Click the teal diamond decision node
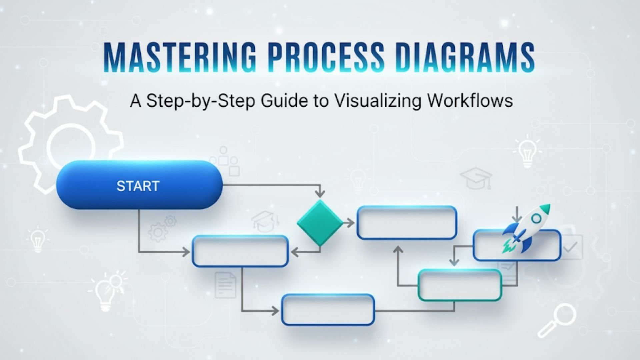point(320,223)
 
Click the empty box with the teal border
point(460,285)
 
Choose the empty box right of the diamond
point(407,222)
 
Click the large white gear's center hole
point(71,147)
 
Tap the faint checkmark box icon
point(572,247)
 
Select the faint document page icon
point(226,285)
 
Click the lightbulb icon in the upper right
point(527,152)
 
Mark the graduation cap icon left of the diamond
point(265,221)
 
